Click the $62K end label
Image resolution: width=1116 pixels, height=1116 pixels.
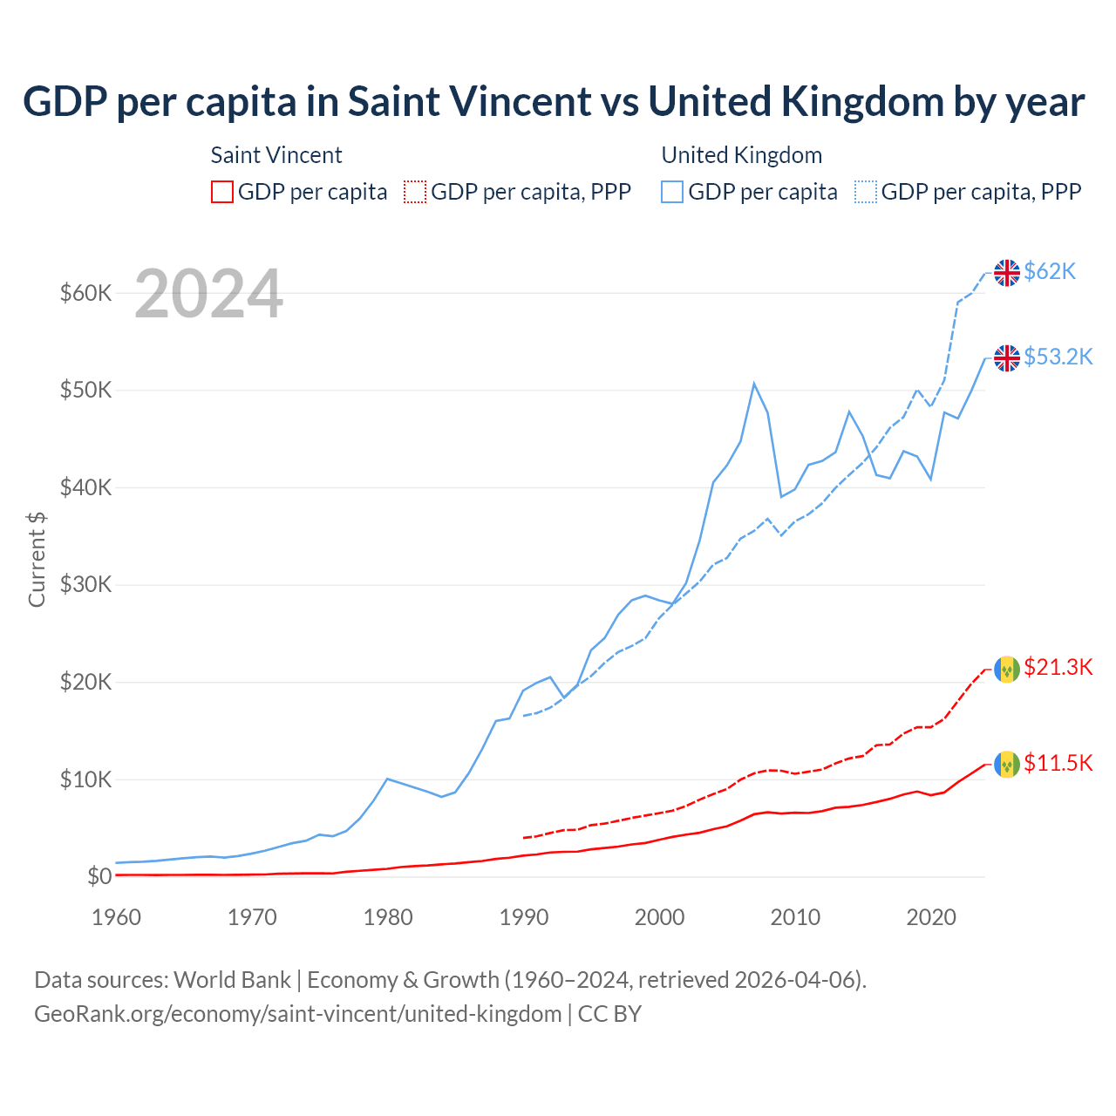[1050, 272]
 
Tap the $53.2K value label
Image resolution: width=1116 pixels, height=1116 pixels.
[1058, 357]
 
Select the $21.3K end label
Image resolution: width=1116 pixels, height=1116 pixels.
[1058, 668]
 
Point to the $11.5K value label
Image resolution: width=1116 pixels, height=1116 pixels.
[1058, 764]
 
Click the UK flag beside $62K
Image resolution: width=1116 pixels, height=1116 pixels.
[1007, 273]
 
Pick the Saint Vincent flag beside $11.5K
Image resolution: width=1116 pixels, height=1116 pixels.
[1007, 765]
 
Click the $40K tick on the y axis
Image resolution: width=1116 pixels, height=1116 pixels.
[85, 487]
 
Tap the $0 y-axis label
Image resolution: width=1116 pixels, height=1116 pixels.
[99, 876]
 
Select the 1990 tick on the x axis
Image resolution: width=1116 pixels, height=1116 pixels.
[524, 917]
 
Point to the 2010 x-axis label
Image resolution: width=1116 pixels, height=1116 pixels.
[795, 917]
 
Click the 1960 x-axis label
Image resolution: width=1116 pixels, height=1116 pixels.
[117, 917]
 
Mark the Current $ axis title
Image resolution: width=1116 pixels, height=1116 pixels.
[37, 559]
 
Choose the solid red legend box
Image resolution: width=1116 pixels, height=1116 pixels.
[222, 192]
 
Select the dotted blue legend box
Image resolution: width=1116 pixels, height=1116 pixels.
[866, 192]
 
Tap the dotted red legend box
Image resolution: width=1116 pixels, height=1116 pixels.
[415, 192]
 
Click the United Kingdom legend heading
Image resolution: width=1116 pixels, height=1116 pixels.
[741, 155]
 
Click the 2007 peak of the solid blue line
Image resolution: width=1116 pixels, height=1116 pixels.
[754, 384]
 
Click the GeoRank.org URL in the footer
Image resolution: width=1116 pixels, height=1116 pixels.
[297, 1014]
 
